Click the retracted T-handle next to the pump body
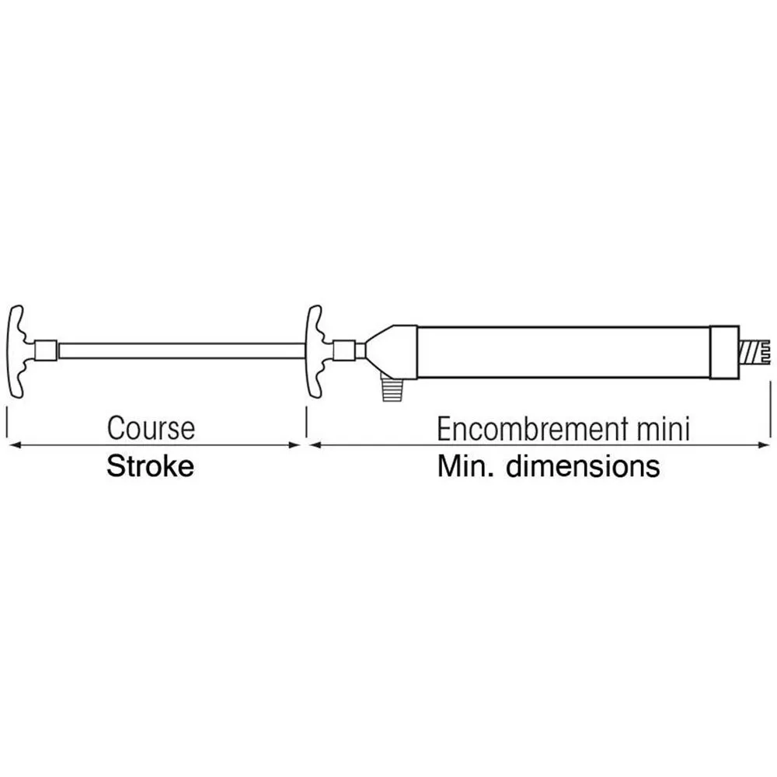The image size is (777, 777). [x=315, y=351]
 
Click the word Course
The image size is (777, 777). [x=151, y=428]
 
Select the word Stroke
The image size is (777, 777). [x=149, y=467]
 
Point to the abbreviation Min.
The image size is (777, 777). [x=462, y=467]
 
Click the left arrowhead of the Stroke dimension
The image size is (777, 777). [x=11, y=445]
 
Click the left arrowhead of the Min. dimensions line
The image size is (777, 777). [x=314, y=445]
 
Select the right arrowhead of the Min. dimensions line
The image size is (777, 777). [x=764, y=445]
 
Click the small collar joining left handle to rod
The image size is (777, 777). [x=47, y=351]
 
